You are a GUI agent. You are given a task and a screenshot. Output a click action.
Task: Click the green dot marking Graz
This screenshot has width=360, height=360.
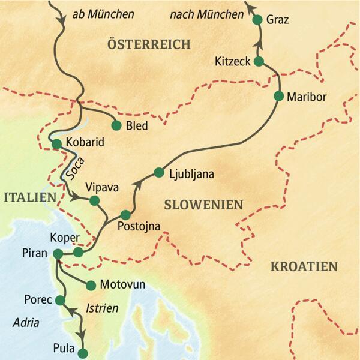pos(258,20)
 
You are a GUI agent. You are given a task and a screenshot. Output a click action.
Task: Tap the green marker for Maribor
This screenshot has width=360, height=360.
pos(278,96)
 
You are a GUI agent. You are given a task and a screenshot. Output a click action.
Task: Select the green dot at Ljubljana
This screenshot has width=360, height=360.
pos(158,173)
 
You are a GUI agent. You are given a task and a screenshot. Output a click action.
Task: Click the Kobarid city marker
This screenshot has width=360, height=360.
pos(56,144)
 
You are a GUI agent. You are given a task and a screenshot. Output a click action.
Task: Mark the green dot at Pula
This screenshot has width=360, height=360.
pos(83,353)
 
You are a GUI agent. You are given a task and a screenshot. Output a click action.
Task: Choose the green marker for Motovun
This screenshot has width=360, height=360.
pos(91,286)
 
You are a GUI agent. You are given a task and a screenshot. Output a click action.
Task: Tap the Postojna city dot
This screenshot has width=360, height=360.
pos(125,215)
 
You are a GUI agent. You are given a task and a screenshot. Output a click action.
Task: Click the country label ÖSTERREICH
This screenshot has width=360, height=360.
pos(148,44)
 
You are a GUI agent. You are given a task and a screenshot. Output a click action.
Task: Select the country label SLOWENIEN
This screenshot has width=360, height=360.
pos(203,205)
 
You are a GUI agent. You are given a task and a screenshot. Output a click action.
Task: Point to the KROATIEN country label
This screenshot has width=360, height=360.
pos(304,266)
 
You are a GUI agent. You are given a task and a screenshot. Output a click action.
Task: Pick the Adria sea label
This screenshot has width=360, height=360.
pos(26,323)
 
